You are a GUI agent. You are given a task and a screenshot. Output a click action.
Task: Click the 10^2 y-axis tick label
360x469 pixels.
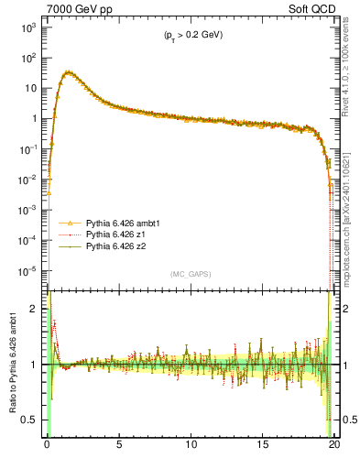coord(27,58)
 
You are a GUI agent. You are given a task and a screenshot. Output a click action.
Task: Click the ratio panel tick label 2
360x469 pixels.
coord(35,310)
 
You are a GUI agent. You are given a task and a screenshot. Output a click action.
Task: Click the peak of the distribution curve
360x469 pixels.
coord(68,72)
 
